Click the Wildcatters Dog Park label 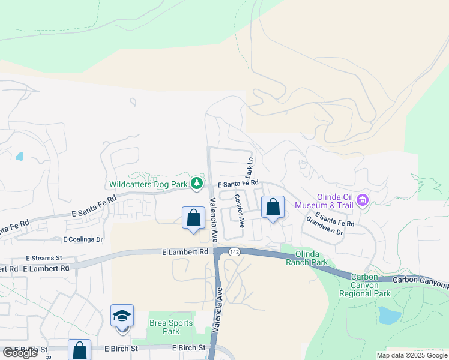click(x=149, y=185)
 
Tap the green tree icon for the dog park click(x=196, y=183)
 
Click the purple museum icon click(x=362, y=200)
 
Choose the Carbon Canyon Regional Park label click(x=365, y=285)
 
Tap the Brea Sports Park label click(x=171, y=327)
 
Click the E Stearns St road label click(x=44, y=258)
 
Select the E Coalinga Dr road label click(x=83, y=239)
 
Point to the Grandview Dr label click(x=324, y=226)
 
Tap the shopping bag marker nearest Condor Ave click(x=273, y=208)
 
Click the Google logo click(x=20, y=353)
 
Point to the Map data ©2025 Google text click(x=411, y=355)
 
